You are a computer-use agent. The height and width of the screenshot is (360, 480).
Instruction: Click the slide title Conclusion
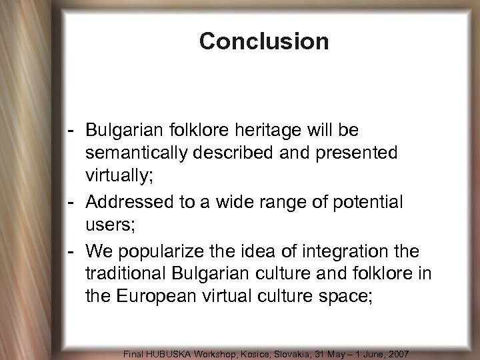(x=264, y=41)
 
